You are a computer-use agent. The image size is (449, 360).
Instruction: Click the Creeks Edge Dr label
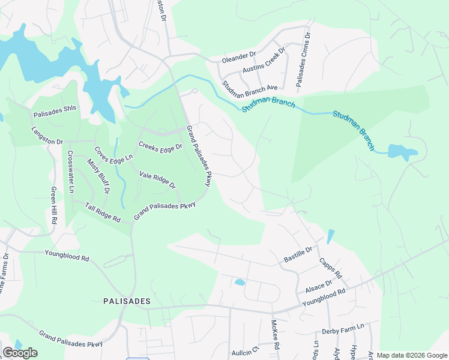160,147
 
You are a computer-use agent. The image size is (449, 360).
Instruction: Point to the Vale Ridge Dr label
157,180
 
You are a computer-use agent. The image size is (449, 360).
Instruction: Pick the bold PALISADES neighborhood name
126,300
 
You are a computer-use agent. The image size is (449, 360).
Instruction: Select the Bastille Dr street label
298,254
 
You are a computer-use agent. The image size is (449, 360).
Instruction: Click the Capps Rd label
330,268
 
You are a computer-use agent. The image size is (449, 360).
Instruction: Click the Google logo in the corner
20,352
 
